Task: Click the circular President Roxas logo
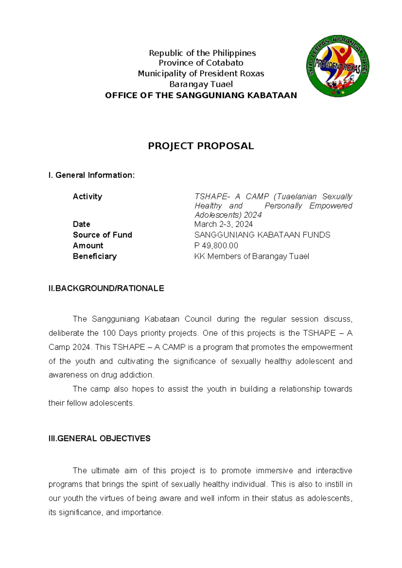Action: (338, 66)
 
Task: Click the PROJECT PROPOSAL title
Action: (201, 146)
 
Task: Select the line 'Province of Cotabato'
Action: (201, 63)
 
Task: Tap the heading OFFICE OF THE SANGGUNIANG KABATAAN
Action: (201, 95)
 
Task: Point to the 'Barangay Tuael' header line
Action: (201, 84)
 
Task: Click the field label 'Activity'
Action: (87, 197)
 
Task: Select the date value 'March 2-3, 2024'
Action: (223, 224)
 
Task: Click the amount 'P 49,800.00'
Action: (216, 245)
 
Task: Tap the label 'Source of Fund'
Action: (102, 235)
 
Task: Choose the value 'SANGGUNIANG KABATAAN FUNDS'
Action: (262, 235)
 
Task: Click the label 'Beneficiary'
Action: (94, 256)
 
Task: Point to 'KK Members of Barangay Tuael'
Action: (251, 256)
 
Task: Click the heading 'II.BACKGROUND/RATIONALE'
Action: (106, 288)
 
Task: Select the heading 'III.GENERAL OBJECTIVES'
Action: (99, 438)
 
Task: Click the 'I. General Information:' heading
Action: (91, 175)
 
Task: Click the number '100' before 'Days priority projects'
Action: (109, 333)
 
